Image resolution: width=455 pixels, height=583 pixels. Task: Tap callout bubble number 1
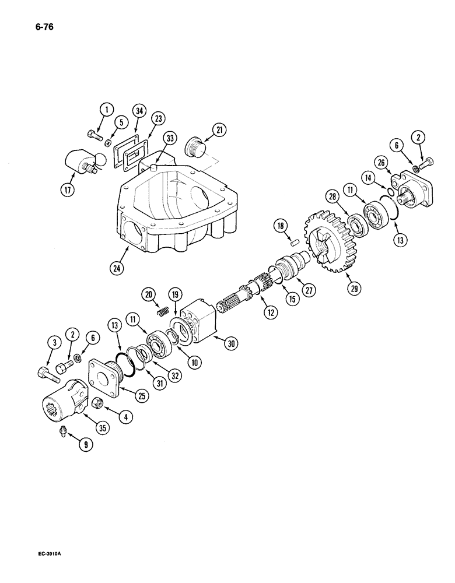pyautogui.click(x=105, y=108)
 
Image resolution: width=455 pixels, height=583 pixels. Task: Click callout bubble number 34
pyautogui.click(x=138, y=110)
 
